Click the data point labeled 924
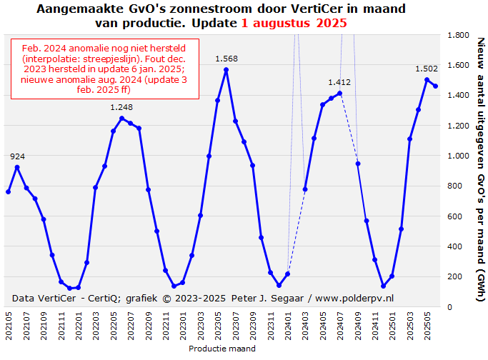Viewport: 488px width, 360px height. (17, 167)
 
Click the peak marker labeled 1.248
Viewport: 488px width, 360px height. (121, 119)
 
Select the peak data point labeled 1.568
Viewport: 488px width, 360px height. (226, 70)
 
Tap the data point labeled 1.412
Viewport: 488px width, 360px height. (340, 93)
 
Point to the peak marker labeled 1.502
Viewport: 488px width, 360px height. (427, 79)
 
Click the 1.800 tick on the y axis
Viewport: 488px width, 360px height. (458, 35)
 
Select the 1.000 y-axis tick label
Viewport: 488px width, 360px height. (458, 156)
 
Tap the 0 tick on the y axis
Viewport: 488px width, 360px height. (449, 306)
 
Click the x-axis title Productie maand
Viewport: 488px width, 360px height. (222, 349)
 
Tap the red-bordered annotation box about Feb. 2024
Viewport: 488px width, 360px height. (104, 69)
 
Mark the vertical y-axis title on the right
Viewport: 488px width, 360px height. (479, 171)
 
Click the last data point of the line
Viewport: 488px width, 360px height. (435, 86)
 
